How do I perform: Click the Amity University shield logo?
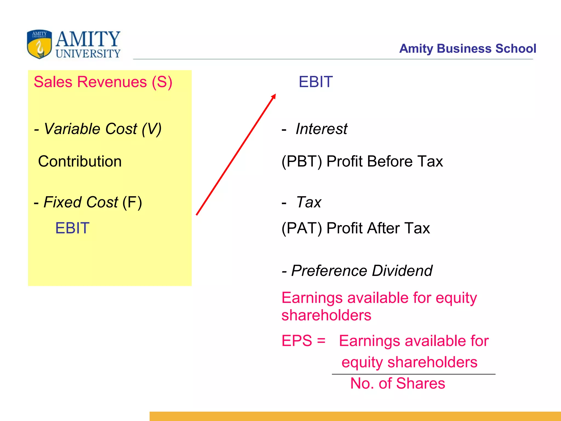click(39, 44)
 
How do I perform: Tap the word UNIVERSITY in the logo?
click(88, 53)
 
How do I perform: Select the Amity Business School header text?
click(467, 49)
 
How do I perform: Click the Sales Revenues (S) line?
click(103, 82)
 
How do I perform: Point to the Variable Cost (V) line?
click(98, 129)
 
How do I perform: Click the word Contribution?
click(80, 161)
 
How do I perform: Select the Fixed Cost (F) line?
click(88, 202)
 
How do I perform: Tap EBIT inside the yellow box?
click(72, 228)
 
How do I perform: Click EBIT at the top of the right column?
click(316, 82)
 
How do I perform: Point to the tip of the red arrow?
click(275, 95)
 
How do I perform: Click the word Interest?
click(321, 129)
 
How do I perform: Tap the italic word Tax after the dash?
click(309, 202)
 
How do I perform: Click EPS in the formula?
click(297, 341)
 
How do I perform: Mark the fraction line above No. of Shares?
click(414, 374)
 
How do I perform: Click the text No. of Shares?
click(398, 383)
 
